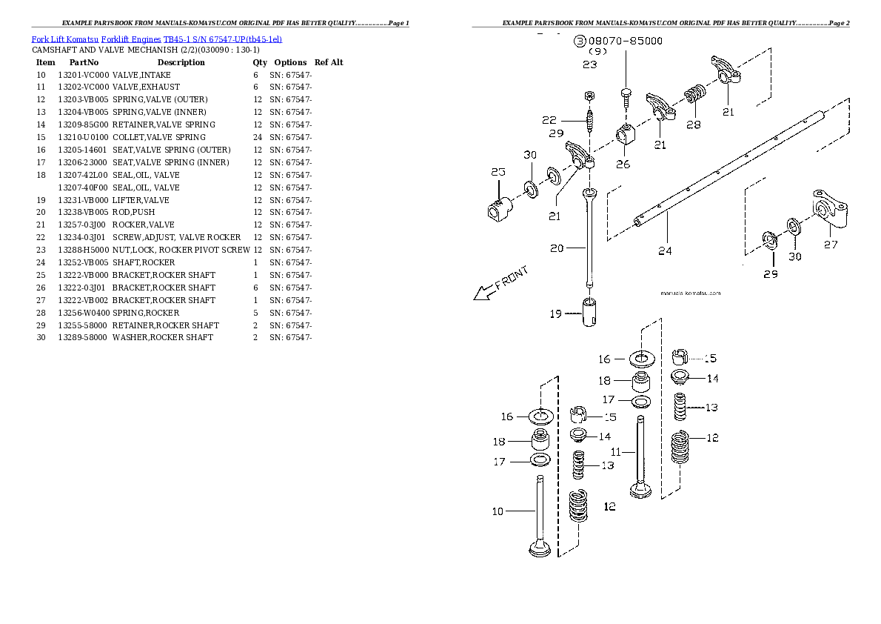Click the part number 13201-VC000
point(83,75)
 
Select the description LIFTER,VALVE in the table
point(141,200)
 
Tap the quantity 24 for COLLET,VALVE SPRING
point(257,137)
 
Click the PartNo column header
point(84,62)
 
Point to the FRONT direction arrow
point(502,285)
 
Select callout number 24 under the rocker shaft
point(665,250)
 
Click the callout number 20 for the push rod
point(557,248)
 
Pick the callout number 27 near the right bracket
point(831,245)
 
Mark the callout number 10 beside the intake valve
point(498,511)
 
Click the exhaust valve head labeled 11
point(640,489)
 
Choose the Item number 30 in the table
point(41,337)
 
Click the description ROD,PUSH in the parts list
point(133,213)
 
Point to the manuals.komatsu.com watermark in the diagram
point(689,293)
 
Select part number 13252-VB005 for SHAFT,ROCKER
point(83,262)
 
